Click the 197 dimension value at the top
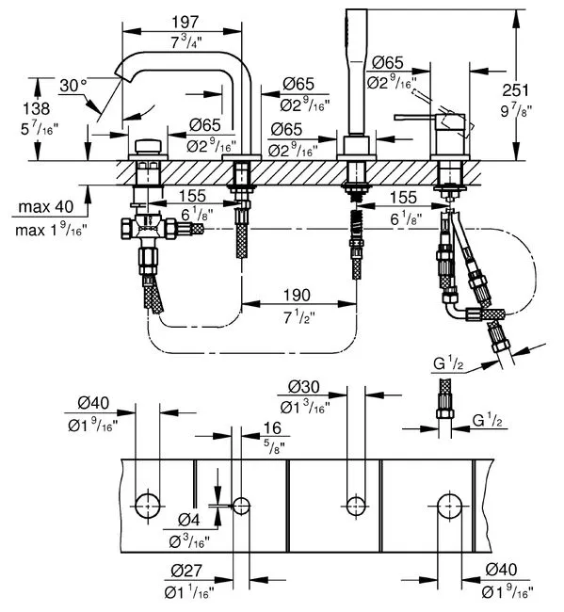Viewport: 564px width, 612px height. click(185, 23)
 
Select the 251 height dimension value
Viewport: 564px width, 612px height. click(515, 90)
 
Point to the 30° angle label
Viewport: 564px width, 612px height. click(73, 86)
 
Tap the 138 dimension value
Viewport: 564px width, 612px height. click(37, 108)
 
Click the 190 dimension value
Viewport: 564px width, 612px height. click(297, 295)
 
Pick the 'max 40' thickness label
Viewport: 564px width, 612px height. click(46, 206)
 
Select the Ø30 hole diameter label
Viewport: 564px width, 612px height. click(304, 387)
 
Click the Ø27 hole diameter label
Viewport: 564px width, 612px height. click(186, 571)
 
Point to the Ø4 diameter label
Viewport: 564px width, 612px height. click(189, 520)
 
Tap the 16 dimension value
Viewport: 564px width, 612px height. click(272, 427)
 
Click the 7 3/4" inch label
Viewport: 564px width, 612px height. click(186, 41)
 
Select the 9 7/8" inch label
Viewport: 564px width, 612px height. click(516, 111)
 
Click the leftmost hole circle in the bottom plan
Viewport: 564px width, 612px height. click(148, 506)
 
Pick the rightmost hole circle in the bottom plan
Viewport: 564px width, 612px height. click(450, 506)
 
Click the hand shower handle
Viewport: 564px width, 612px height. click(357, 72)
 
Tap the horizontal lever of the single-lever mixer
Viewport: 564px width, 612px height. click(416, 117)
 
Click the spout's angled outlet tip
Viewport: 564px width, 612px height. click(121, 73)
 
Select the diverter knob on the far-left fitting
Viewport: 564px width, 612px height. click(148, 146)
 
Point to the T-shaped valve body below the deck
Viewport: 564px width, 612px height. click(149, 229)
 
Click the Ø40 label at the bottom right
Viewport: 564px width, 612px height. click(501, 570)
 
